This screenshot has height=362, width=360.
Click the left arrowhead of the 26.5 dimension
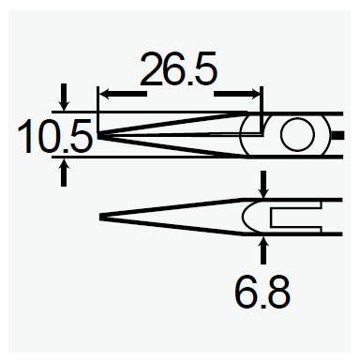coord(104,93)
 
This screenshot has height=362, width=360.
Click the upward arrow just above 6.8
coord(263,246)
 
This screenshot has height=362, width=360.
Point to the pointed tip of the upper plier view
coord(99,137)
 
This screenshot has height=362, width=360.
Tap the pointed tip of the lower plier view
coord(102,218)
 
